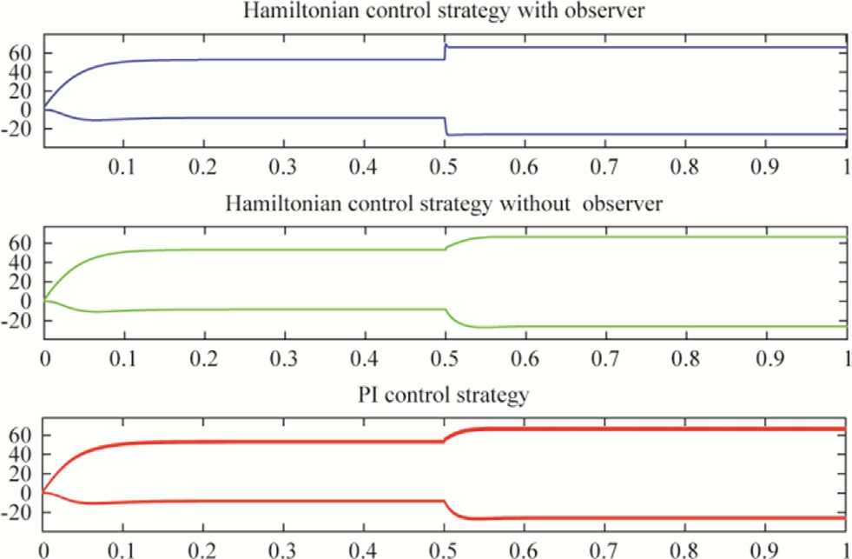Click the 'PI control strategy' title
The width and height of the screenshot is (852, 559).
pyautogui.click(x=444, y=396)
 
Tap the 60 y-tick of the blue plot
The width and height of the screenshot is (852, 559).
pyautogui.click(x=19, y=52)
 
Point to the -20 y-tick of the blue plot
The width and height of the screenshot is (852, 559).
pyautogui.click(x=17, y=129)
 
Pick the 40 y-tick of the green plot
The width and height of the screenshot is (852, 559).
pyautogui.click(x=19, y=262)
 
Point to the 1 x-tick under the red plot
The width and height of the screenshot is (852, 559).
pyautogui.click(x=847, y=549)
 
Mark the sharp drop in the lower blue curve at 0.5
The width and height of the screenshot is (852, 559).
pyautogui.click(x=445, y=126)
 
